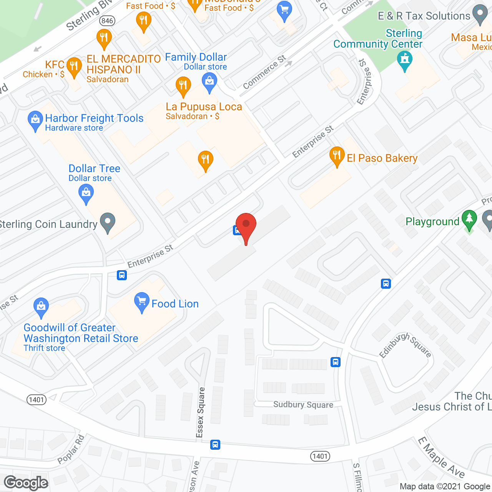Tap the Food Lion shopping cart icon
[142, 302]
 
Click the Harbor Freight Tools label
[94, 118]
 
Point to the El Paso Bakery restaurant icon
[337, 156]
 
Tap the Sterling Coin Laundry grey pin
[108, 222]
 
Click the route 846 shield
[107, 21]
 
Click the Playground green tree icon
[469, 219]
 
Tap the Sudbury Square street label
[303, 405]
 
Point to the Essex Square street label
[200, 412]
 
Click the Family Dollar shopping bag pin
[209, 82]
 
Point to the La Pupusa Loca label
[204, 107]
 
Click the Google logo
[26, 483]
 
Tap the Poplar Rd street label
[71, 449]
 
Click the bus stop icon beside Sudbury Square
[336, 362]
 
